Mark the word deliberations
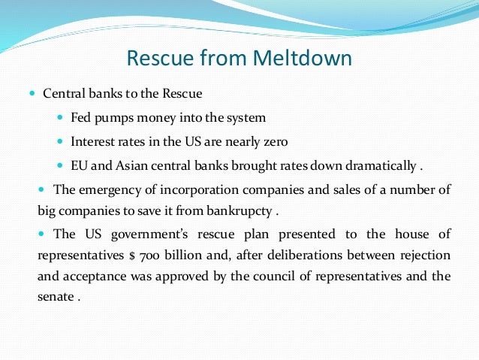[x=302, y=254]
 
